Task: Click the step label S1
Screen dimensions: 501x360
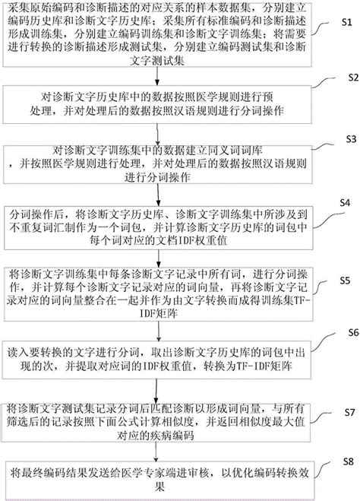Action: point(345,23)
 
